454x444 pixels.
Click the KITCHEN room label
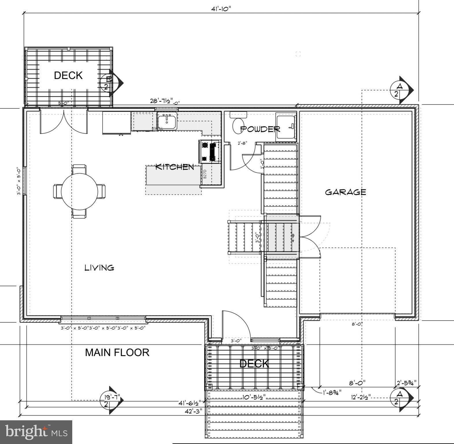click(x=175, y=167)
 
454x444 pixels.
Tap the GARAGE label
click(x=345, y=192)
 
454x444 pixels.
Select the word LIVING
click(x=99, y=268)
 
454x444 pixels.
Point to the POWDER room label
click(x=260, y=129)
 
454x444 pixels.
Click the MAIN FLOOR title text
click(x=117, y=352)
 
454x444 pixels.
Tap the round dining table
click(x=79, y=191)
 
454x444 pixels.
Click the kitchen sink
click(x=167, y=121)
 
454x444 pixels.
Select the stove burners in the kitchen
click(x=210, y=151)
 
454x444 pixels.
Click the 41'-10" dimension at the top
click(x=221, y=9)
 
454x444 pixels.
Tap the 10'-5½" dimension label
click(x=254, y=397)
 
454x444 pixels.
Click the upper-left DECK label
click(x=68, y=75)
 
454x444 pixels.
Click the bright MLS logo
click(x=36, y=432)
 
